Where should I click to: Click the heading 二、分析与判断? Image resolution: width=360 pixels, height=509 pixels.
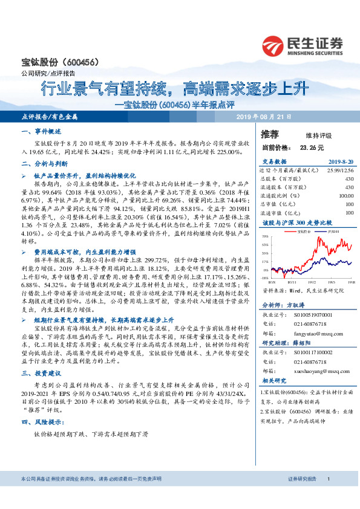tap(44, 163)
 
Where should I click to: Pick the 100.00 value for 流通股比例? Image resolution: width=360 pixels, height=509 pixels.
tap(345, 196)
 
